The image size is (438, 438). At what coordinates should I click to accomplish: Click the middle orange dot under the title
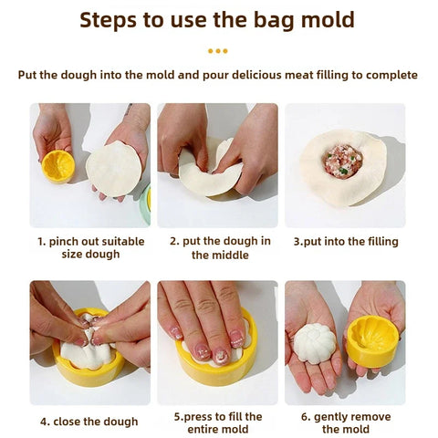point(218,51)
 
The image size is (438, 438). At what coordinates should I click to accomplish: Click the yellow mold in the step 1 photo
point(58,165)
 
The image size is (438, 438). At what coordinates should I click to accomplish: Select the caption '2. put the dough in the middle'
point(219,247)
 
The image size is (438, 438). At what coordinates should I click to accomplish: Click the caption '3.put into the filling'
point(345,242)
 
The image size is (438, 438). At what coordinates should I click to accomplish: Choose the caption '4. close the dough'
point(89,422)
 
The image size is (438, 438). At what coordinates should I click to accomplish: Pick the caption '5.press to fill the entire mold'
point(219,422)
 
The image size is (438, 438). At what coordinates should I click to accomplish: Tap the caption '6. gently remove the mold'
point(345,422)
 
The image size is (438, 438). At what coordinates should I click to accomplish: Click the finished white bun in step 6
point(314,344)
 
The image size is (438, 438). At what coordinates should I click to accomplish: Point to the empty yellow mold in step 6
point(372,341)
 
